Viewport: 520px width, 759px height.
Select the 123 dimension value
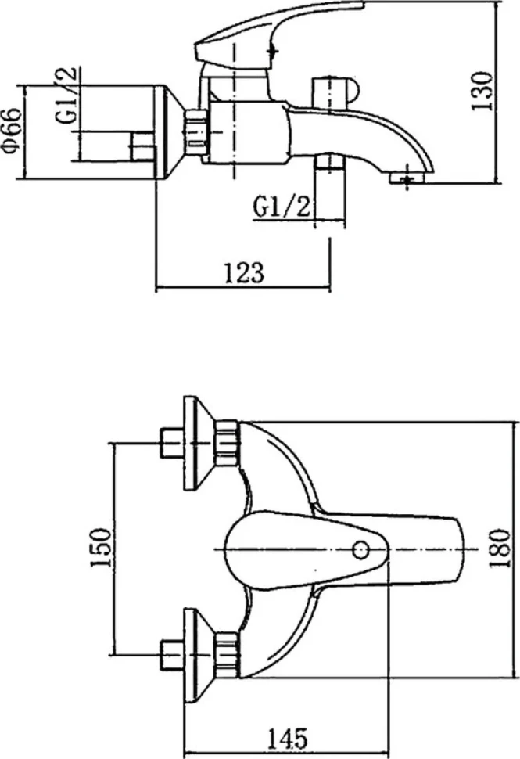pyautogui.click(x=244, y=273)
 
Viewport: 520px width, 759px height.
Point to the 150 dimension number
pyautogui.click(x=100, y=548)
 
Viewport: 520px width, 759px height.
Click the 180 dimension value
pyautogui.click(x=500, y=549)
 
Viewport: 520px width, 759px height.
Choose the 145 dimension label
pyautogui.click(x=287, y=738)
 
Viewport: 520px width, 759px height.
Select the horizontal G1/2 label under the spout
pyautogui.click(x=281, y=207)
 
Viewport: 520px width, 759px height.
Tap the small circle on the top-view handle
pyautogui.click(x=360, y=549)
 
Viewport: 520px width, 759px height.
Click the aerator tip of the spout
pyautogui.click(x=407, y=178)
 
